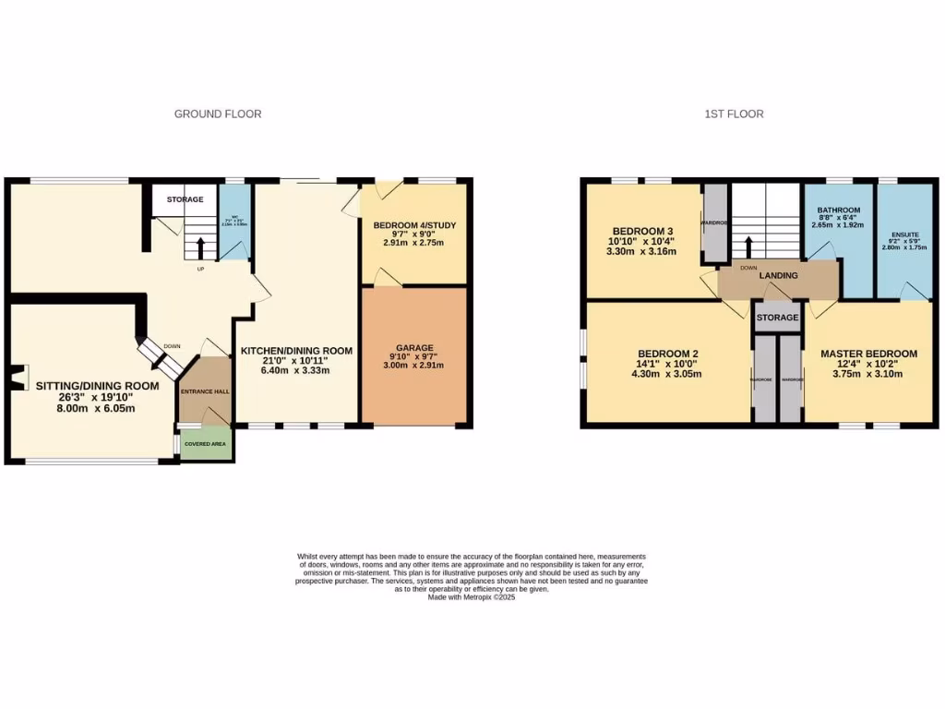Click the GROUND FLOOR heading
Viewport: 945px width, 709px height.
[218, 114]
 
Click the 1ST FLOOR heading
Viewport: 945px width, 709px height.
[734, 114]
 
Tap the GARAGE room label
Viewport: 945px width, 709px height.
[414, 349]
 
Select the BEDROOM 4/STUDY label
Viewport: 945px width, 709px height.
[414, 225]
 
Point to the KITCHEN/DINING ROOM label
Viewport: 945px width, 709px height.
[296, 351]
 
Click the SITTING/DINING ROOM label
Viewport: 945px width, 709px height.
[98, 386]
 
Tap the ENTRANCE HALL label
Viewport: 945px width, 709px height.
[204, 391]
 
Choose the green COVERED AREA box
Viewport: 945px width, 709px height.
[207, 443]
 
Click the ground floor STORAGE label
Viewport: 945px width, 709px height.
[185, 199]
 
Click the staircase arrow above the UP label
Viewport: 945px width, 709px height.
[200, 247]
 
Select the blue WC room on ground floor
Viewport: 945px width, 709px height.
[234, 222]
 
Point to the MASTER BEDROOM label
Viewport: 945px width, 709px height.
[868, 354]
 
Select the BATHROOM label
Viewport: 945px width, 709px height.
[838, 210]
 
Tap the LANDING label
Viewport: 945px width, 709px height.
[778, 275]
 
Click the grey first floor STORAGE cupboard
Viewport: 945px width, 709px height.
[778, 317]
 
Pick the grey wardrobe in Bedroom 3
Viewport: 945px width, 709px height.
[715, 222]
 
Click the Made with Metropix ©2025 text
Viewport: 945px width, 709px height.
[472, 597]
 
